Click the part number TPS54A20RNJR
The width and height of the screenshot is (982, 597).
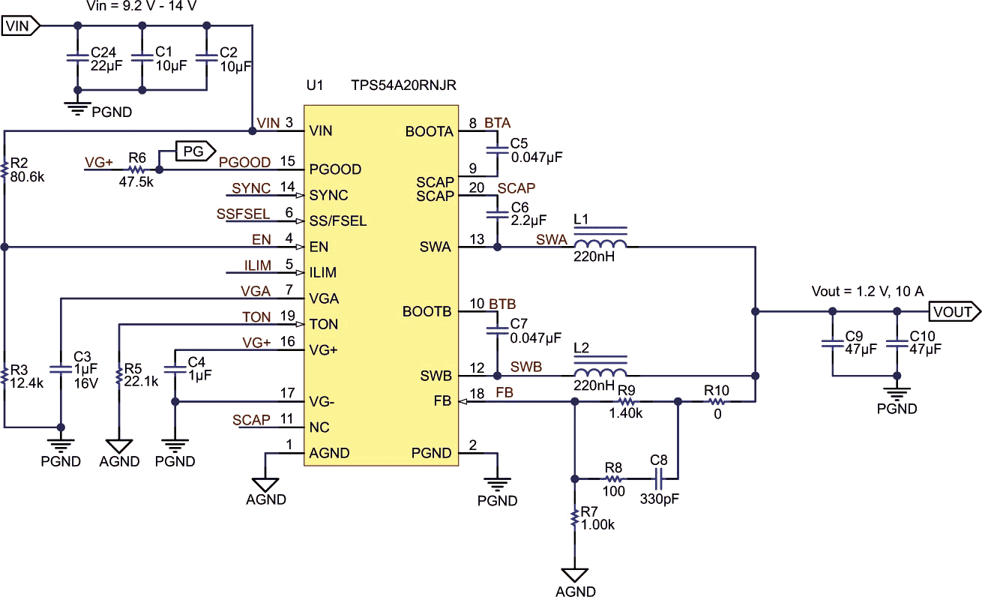click(x=403, y=86)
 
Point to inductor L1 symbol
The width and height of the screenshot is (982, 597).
click(x=600, y=244)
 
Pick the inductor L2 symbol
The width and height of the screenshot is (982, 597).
click(x=600, y=373)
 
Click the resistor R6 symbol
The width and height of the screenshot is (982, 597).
click(x=136, y=170)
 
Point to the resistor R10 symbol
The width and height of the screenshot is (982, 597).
click(x=717, y=401)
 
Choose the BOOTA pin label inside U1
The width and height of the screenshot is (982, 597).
click(x=429, y=132)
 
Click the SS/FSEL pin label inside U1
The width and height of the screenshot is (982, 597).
click(x=338, y=221)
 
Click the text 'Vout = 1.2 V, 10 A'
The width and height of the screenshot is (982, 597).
click(x=867, y=291)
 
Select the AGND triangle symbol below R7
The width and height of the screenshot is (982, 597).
click(x=575, y=575)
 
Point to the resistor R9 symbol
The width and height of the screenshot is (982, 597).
click(x=627, y=401)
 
